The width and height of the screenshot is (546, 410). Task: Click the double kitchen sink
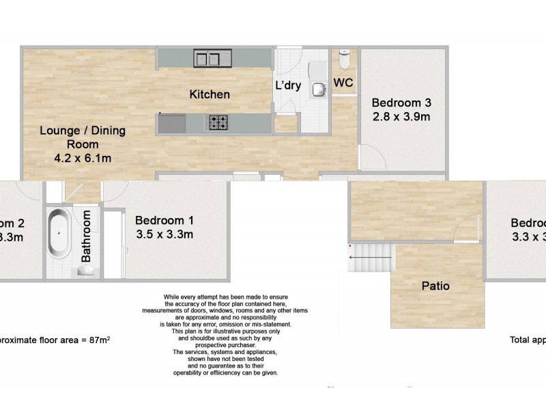coord(213,58)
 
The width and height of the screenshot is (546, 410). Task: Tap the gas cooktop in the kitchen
coord(218,123)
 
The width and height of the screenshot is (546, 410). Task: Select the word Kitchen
coord(210,94)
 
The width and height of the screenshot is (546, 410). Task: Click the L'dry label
coord(288,86)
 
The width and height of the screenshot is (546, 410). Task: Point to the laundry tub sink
coord(319,89)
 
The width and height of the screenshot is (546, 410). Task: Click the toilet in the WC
coord(345,60)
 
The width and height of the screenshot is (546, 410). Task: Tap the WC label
coord(343,83)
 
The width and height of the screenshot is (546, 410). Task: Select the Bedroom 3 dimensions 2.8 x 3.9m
coord(401,116)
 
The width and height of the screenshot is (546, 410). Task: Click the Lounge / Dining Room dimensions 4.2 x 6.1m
coord(83,159)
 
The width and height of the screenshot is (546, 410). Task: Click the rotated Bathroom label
coord(87,236)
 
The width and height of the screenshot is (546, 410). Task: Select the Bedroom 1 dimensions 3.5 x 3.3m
coord(164,234)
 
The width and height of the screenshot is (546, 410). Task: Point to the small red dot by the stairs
coord(349,245)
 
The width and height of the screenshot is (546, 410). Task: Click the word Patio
coord(435,286)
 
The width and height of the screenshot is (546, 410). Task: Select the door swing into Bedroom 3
coord(369,157)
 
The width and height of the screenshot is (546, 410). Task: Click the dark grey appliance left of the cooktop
coord(172,123)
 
